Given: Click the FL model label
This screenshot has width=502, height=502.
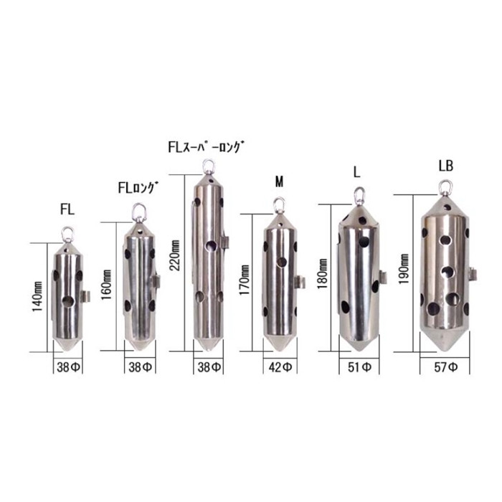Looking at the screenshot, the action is pos(67,209).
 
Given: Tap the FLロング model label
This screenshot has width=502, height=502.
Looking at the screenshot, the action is pos(138,188).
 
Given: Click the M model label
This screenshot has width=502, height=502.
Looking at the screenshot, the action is pos(280,182).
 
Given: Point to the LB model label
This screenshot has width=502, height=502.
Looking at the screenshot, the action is pos(446,166).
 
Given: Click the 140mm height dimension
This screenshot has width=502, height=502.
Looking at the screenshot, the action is pos(37,297).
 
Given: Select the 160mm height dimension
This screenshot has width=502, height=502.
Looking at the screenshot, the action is pos(106,285).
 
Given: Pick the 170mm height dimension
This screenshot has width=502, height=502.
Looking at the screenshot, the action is pos(245,280).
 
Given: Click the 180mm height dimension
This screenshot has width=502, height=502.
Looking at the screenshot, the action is pos(323,274).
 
